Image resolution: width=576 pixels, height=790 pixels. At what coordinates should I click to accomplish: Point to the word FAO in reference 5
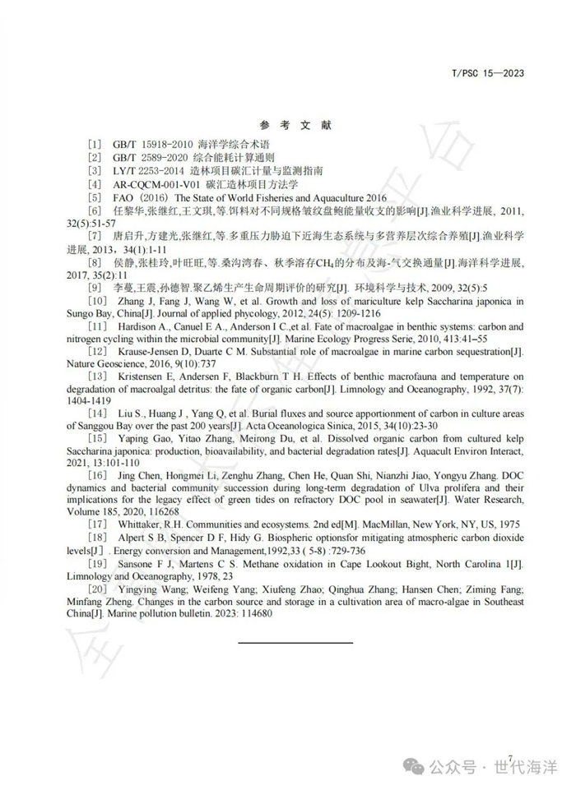click(x=123, y=198)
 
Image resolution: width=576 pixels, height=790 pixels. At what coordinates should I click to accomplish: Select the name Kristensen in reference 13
click(x=141, y=378)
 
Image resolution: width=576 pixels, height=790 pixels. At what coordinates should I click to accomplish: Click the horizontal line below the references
click(x=295, y=641)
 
